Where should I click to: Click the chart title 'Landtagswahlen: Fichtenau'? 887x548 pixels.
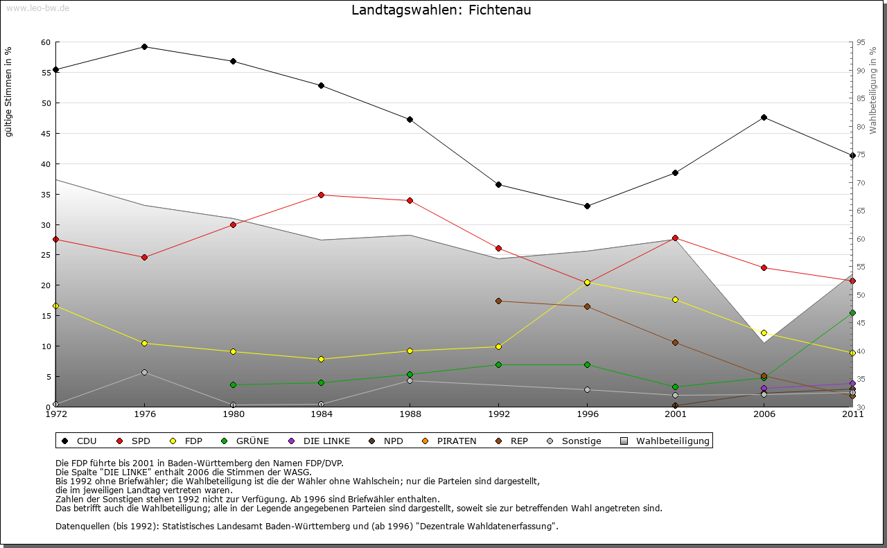pos(441,10)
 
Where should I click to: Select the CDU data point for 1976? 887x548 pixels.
pos(144,46)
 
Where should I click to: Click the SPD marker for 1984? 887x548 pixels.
pos(322,195)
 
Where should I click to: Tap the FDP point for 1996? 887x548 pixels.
pos(587,283)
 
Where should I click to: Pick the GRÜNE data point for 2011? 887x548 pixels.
pos(852,313)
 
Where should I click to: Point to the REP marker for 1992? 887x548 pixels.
pos(498,301)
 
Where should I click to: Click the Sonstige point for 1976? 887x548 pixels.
pos(144,372)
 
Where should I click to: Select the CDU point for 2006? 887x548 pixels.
pos(764,117)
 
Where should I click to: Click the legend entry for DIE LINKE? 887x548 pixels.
pos(319,441)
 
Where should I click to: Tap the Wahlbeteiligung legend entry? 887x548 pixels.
pos(665,441)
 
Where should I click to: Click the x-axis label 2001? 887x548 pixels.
pos(676,414)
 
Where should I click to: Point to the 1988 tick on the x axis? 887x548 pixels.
pos(410,414)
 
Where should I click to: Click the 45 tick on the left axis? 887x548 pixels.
pos(46,134)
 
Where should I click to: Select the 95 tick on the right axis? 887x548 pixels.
pos(861,42)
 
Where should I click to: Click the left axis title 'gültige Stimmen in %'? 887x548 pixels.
pos(9,91)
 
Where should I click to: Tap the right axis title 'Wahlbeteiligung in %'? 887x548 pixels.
pos(873,90)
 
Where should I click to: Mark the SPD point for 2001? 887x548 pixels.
pos(676,238)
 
